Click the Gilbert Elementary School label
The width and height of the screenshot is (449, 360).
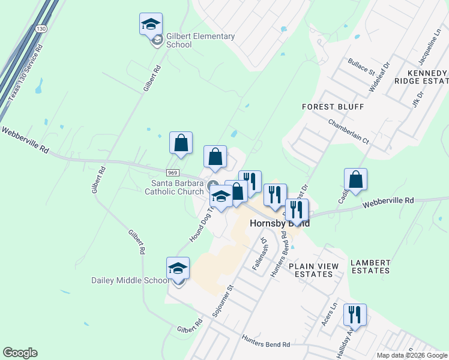pyautogui.click(x=200, y=40)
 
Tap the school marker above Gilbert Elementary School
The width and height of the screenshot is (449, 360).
pyautogui.click(x=151, y=24)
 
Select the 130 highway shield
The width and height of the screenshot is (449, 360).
pyautogui.click(x=40, y=29)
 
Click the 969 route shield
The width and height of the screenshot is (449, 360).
pyautogui.click(x=172, y=173)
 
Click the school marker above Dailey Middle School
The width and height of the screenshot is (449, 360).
pyautogui.click(x=178, y=268)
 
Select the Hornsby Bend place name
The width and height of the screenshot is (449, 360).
pyautogui.click(x=279, y=223)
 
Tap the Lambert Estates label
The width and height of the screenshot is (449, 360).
pyautogui.click(x=370, y=266)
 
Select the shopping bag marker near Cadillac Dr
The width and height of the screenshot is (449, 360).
pyautogui.click(x=355, y=179)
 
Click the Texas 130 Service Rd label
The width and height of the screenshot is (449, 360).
pyautogui.click(x=25, y=71)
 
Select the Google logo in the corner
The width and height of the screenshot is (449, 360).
pyautogui.click(x=20, y=353)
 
